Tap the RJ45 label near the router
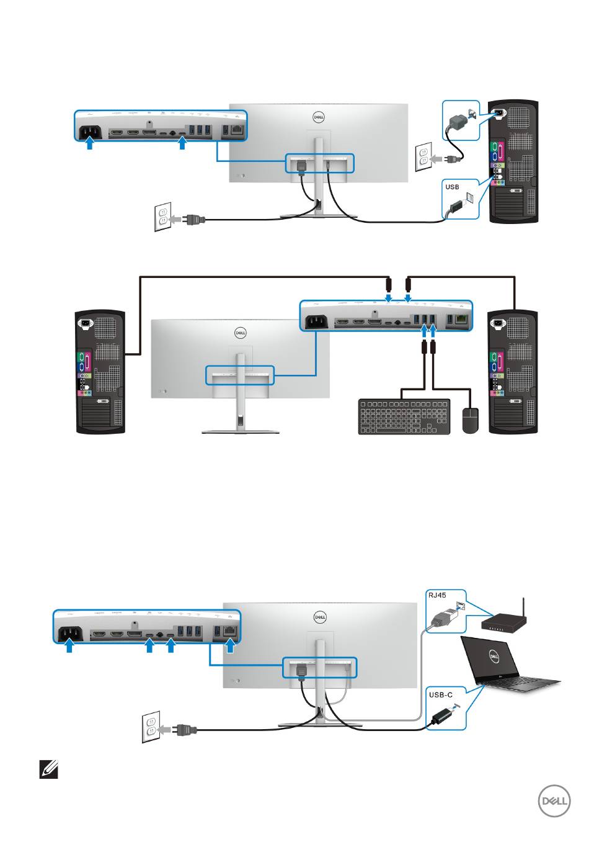tap(438, 595)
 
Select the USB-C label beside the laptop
tap(441, 695)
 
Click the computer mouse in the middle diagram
tap(471, 420)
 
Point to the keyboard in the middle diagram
tap(404, 416)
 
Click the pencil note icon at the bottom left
tap(48, 771)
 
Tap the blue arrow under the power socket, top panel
tap(90, 145)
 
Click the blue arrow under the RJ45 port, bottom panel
tap(230, 648)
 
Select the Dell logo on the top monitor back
tap(319, 117)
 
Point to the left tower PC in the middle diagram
tap(100, 371)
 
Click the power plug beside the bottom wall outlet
tap(184, 730)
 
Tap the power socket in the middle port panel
tap(316, 322)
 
